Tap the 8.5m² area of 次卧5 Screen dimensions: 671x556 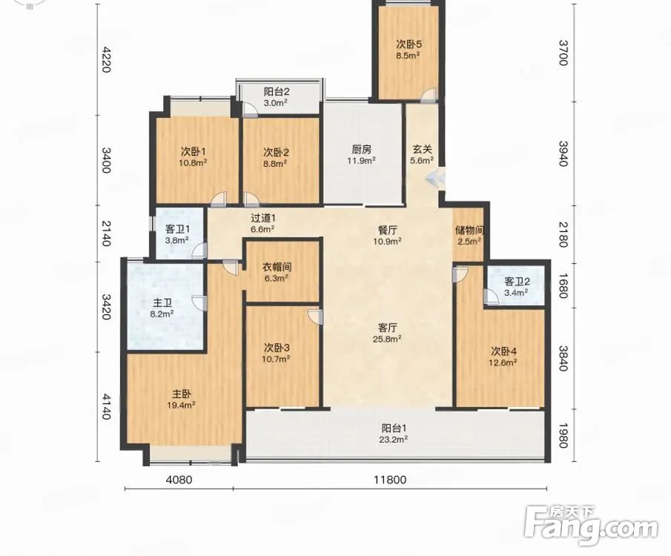[407, 55]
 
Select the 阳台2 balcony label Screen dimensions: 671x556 [277, 91]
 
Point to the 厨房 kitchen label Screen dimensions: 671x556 [362, 150]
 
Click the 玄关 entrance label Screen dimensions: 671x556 [423, 150]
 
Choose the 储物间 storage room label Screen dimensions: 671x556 [469, 230]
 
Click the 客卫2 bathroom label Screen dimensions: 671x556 [517, 281]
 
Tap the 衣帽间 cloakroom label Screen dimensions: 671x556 [277, 267]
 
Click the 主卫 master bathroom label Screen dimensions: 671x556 [162, 303]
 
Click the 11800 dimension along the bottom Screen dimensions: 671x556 [390, 480]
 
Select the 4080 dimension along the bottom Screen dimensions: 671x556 [179, 480]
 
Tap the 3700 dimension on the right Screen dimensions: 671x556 [563, 52]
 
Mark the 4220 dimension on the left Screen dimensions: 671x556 [106, 59]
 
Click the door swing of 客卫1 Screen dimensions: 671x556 [199, 251]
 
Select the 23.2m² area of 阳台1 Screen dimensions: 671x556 [394, 439]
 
